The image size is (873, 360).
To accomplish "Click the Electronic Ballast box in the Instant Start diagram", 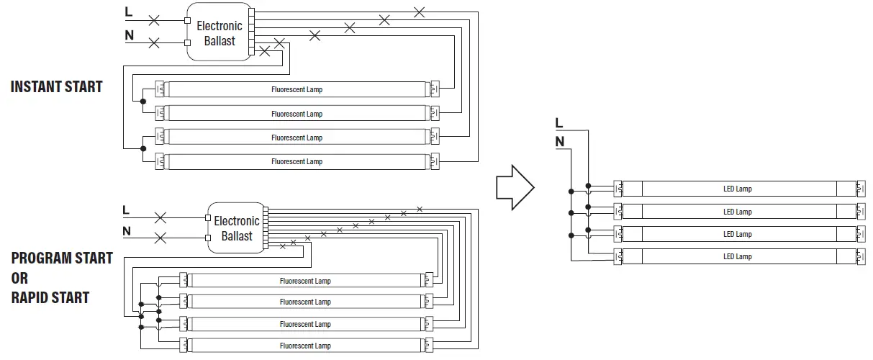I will (220, 33).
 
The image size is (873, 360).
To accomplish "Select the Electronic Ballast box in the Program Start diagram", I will (236, 228).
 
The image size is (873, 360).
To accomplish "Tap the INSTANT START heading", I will (57, 87).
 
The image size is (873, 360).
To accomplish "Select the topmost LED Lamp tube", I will (737, 189).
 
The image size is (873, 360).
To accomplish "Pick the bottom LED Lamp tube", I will (737, 256).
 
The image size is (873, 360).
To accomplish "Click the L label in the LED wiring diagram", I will (559, 124).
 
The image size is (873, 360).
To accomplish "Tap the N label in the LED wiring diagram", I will (559, 142).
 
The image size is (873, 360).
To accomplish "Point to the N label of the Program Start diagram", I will (127, 231).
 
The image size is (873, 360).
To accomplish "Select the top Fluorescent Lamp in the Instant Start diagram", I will (297, 90).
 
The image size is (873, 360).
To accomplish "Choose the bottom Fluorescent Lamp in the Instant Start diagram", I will (297, 161).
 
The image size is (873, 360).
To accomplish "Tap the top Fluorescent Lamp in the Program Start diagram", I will (305, 281).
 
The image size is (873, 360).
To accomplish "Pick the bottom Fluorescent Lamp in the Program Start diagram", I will (305, 346).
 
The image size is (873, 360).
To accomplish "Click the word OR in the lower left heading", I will (19, 278).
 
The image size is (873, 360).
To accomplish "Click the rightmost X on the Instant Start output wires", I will (419, 12).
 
